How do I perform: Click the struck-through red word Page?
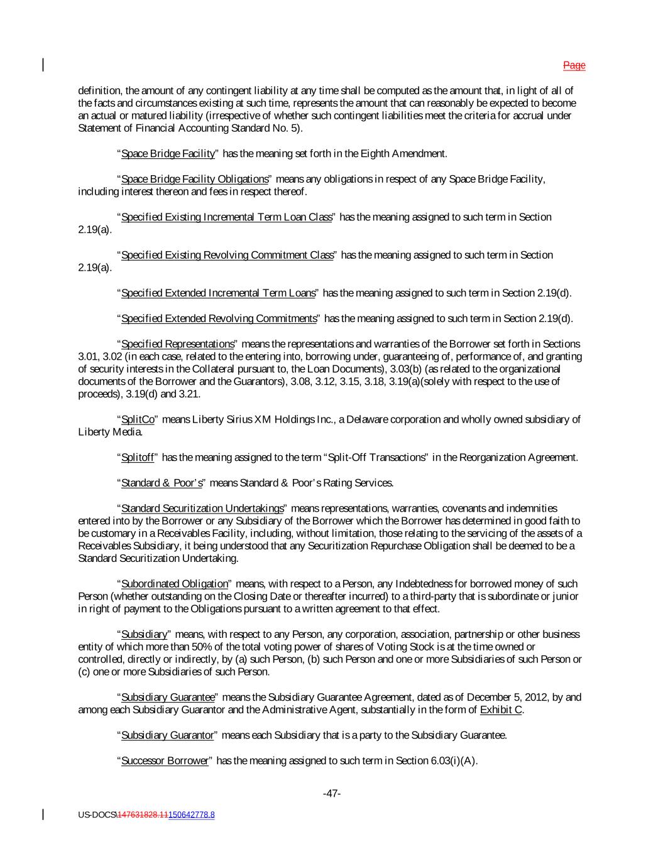[x=574, y=65]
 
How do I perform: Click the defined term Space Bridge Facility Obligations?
[x=194, y=180]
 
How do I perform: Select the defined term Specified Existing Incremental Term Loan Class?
[x=226, y=217]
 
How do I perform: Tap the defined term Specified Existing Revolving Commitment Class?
[x=227, y=256]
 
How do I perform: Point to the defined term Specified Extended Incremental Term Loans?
[x=218, y=293]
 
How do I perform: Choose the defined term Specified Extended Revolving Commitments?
[x=219, y=319]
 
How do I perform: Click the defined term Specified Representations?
[x=177, y=344]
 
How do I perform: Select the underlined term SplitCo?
[x=138, y=420]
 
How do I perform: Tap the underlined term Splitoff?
[x=137, y=458]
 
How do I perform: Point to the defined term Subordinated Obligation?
[x=174, y=585]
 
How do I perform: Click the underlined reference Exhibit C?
[x=501, y=710]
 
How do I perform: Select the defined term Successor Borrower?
[x=164, y=761]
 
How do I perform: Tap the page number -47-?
[x=332, y=794]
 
